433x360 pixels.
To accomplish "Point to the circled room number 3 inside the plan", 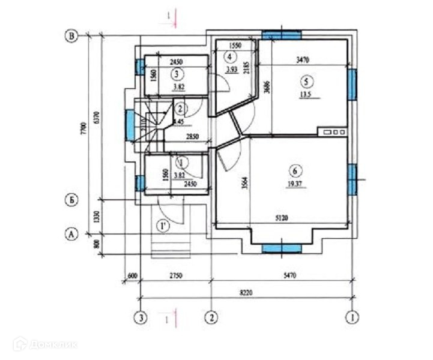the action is click(x=176, y=74).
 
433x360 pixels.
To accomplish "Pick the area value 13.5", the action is click(x=306, y=94).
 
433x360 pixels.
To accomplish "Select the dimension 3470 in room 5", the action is click(x=306, y=61).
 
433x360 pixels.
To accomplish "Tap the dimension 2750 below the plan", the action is click(x=175, y=275).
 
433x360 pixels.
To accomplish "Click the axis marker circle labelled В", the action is click(x=72, y=37).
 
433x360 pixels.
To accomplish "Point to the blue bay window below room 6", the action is click(x=281, y=247).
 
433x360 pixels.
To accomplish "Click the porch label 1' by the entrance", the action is click(x=162, y=226).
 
